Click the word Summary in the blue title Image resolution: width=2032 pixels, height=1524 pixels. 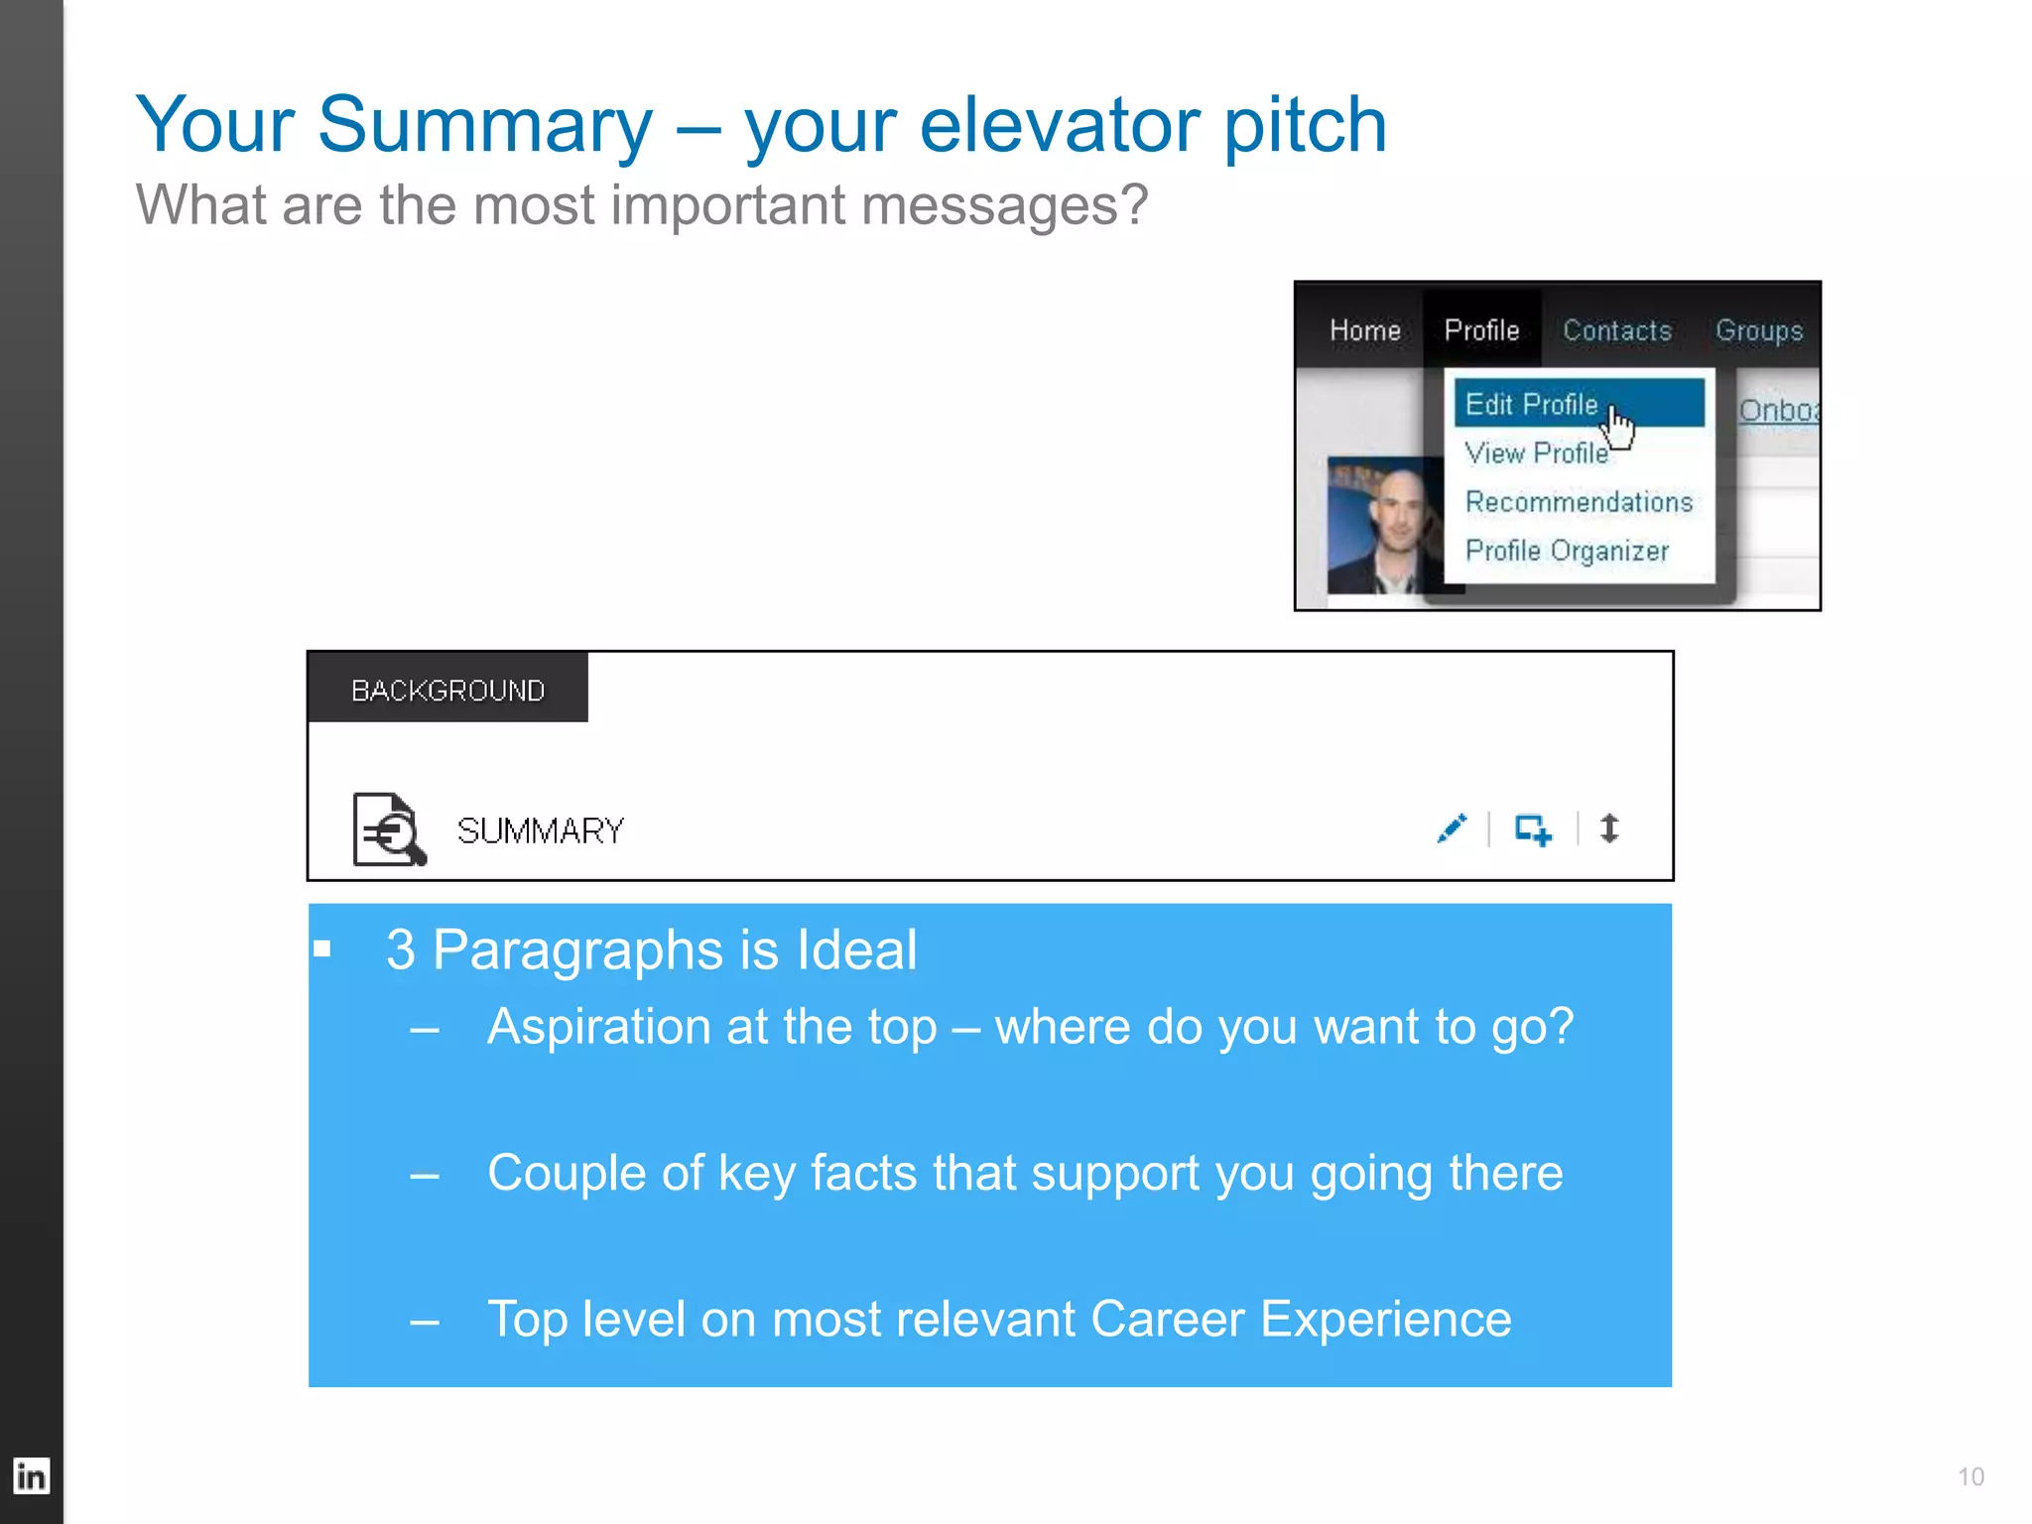pyautogui.click(x=484, y=125)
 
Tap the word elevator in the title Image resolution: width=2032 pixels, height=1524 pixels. pyautogui.click(x=1060, y=125)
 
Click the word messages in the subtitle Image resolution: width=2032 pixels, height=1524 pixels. pyautogui.click(x=1002, y=205)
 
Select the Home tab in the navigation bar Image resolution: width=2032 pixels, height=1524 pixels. pyautogui.click(x=1364, y=330)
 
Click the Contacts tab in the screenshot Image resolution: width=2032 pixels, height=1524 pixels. pyautogui.click(x=1617, y=330)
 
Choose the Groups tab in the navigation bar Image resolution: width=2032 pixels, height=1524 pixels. pyautogui.click(x=1758, y=330)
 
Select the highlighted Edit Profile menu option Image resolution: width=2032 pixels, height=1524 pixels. pyautogui.click(x=1532, y=404)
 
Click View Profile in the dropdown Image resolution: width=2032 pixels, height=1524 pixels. pyautogui.click(x=1536, y=453)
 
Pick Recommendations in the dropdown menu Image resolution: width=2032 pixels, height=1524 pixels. pyautogui.click(x=1579, y=502)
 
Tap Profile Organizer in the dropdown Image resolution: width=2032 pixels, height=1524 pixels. pyautogui.click(x=1567, y=551)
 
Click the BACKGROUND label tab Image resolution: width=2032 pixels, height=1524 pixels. pyautogui.click(x=447, y=690)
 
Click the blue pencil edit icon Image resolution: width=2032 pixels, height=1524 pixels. pyautogui.click(x=1452, y=828)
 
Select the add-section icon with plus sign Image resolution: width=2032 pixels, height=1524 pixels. pyautogui.click(x=1533, y=829)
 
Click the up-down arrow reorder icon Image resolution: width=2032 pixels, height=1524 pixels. pyautogui.click(x=1609, y=828)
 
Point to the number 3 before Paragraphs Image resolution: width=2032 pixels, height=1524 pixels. pyautogui.click(x=400, y=950)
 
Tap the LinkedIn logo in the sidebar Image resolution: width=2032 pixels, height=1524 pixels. pyautogui.click(x=31, y=1476)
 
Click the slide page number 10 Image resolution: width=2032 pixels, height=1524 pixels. pyautogui.click(x=1970, y=1476)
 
